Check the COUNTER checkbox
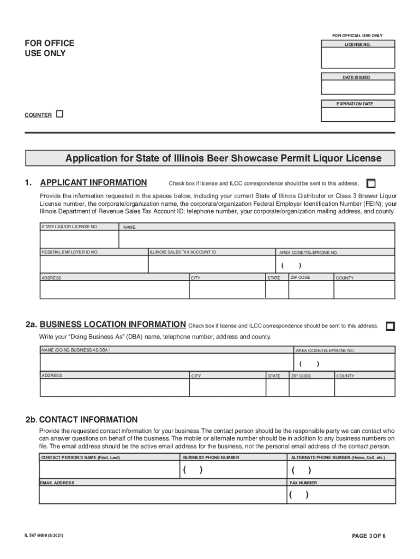point(60,114)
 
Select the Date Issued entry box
point(358,87)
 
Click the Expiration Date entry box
point(358,114)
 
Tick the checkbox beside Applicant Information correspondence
point(371,183)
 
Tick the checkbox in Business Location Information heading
point(390,326)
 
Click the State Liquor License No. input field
point(79,239)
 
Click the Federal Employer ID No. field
point(94,264)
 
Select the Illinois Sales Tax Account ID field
point(211,264)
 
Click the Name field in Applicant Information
point(256,239)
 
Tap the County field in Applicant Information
point(364,290)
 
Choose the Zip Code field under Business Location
point(311,388)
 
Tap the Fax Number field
point(341,495)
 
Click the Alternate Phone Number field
point(341,470)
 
